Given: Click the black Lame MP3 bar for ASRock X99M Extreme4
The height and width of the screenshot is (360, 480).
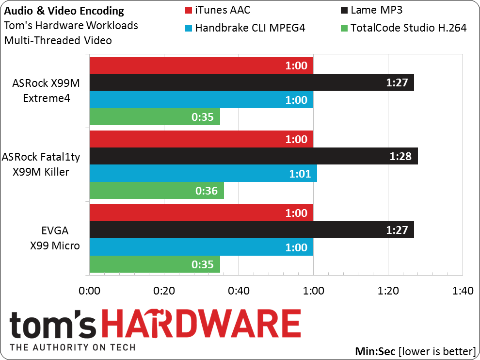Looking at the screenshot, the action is (x=252, y=82).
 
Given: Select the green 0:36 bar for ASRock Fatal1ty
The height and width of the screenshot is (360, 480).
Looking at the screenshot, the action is (x=157, y=191).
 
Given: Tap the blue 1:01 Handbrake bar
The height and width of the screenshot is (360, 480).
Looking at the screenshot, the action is (x=203, y=173).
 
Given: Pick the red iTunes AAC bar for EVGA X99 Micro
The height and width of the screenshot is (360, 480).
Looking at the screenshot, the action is (x=201, y=213).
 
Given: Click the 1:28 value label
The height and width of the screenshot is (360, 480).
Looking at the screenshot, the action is (x=400, y=156).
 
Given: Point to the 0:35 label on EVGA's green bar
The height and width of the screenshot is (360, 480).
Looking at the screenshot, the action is (x=202, y=264).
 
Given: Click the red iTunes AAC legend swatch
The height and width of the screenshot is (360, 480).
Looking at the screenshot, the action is (x=189, y=10).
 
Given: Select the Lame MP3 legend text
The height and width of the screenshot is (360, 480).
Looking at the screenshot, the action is (x=376, y=10).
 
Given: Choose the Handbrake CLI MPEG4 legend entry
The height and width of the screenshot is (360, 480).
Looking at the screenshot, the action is (x=245, y=28).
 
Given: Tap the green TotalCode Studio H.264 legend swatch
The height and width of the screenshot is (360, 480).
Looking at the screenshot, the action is (x=344, y=28).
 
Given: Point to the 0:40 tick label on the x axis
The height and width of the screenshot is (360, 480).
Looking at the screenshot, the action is (x=239, y=291).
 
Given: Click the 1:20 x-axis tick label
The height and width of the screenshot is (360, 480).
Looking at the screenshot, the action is (x=388, y=291).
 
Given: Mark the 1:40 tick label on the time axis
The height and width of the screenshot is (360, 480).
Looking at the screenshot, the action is (x=463, y=291).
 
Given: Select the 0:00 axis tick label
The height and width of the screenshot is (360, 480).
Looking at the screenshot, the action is (x=89, y=291).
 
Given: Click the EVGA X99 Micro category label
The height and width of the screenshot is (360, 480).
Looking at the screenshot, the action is (x=55, y=238).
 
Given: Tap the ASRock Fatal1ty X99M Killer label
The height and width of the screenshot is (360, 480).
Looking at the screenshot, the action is (x=41, y=164).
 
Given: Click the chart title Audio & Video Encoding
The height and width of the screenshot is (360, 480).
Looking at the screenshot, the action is (x=64, y=11).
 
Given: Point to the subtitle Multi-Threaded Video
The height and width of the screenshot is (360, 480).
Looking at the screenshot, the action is (x=58, y=40).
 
